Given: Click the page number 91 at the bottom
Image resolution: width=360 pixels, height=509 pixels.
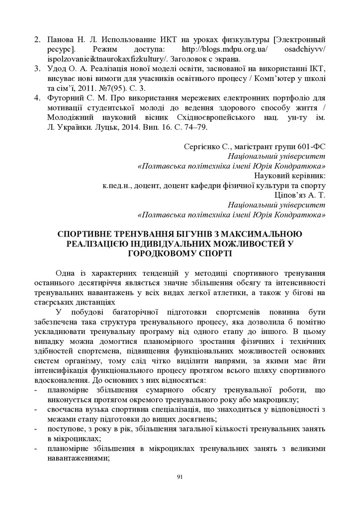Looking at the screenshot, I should coord(180,477).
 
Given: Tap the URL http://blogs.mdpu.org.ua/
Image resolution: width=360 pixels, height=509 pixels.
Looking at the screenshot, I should coord(225,49).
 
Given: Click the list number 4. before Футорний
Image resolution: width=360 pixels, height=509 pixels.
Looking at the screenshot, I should coord(37,98).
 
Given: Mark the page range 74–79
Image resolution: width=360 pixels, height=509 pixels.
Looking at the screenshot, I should coord(193,127).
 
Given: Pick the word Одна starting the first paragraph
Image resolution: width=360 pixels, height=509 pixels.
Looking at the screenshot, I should coord(66,273).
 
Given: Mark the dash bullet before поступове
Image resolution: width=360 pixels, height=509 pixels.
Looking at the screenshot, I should coord(38,428).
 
